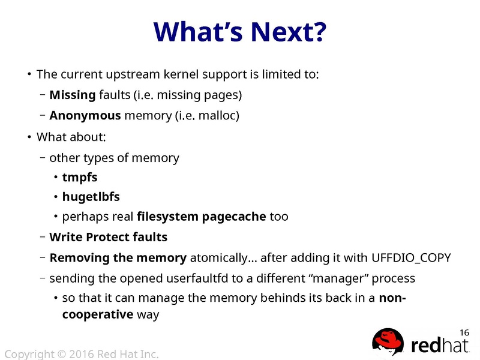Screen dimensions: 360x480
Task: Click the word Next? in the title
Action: pos(284,32)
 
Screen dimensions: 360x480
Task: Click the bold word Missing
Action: pos(72,95)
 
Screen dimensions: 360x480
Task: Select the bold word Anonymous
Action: pos(85,115)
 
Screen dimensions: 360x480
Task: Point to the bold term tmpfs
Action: pos(80,178)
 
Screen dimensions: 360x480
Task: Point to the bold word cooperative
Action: pos(97,314)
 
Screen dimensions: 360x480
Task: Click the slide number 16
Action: pos(464,332)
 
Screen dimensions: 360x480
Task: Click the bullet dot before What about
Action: pos(29,137)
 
